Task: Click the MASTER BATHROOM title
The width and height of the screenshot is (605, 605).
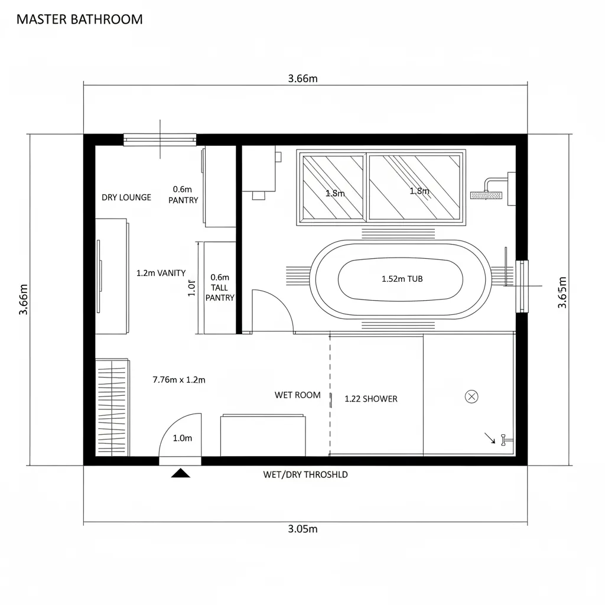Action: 79,19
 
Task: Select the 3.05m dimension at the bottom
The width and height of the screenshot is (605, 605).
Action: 302,529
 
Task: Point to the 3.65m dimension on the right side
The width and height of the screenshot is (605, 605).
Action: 562,292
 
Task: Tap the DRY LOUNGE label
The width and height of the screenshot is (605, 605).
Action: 126,197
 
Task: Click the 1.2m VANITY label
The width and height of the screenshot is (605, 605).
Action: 161,273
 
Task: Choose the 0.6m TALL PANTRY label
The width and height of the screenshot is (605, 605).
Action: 220,287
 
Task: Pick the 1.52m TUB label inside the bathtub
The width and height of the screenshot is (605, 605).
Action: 402,279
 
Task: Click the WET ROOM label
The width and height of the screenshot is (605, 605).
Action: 298,395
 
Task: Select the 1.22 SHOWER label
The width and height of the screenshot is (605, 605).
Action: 371,399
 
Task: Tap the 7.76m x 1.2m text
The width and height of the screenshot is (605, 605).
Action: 179,380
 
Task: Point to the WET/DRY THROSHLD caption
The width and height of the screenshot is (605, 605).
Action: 305,474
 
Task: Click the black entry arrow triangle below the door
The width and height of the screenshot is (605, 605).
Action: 180,473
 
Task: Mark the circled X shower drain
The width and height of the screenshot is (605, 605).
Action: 471,397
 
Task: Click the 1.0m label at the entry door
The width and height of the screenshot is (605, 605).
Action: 182,438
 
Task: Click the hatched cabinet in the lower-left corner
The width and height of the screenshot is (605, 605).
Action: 112,407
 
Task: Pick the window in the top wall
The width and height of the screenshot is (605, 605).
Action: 160,139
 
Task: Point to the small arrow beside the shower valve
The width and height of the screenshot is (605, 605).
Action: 490,438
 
